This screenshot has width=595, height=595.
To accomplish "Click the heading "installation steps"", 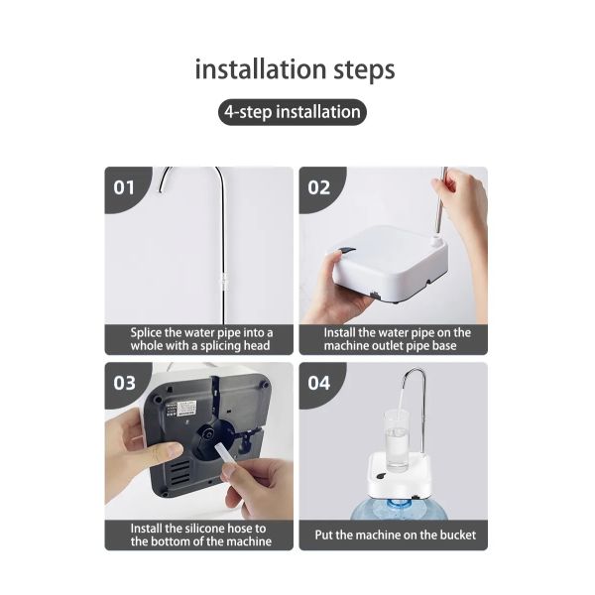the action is click(295, 69).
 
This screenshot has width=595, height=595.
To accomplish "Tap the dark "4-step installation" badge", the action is click(293, 112).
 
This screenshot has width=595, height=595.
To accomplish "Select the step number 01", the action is click(124, 187).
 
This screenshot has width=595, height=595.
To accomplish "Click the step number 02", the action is click(318, 187).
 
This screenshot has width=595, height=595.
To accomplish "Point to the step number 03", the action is click(125, 383).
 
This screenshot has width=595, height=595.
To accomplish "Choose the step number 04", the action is click(318, 383).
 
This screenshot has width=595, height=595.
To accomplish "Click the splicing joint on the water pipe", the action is click(224, 282).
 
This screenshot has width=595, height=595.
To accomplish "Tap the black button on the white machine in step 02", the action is click(345, 251).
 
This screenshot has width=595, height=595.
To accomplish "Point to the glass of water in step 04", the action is click(397, 441).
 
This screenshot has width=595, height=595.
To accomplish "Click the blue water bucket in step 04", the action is click(400, 509).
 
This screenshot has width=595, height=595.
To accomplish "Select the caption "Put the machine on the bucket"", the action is click(395, 535).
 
